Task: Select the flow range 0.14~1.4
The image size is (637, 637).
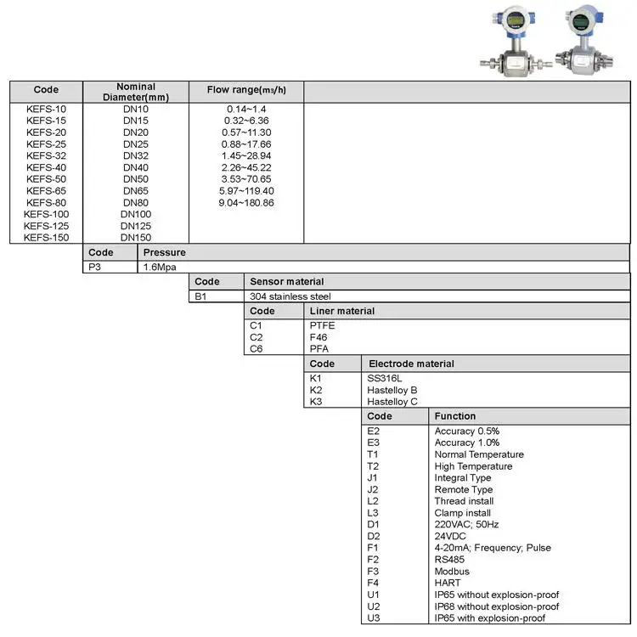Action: (246, 110)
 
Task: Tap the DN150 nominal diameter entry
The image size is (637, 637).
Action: (136, 238)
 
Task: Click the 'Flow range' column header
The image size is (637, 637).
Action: (246, 90)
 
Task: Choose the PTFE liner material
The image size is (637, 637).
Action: (323, 325)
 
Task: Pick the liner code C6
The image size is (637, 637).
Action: (256, 349)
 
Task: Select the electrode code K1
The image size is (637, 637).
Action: (316, 378)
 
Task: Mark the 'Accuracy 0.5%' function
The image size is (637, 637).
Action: (467, 431)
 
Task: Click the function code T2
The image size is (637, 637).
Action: (373, 466)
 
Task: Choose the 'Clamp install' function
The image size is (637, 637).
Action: (463, 513)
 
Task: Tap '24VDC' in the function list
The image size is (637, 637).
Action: (451, 536)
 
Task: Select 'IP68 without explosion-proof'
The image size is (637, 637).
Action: (497, 606)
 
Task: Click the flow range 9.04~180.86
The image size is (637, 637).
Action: (246, 203)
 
